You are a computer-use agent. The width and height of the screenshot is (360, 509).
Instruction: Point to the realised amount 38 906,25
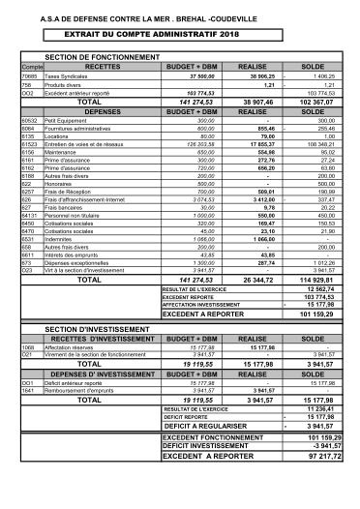click(258, 75)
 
